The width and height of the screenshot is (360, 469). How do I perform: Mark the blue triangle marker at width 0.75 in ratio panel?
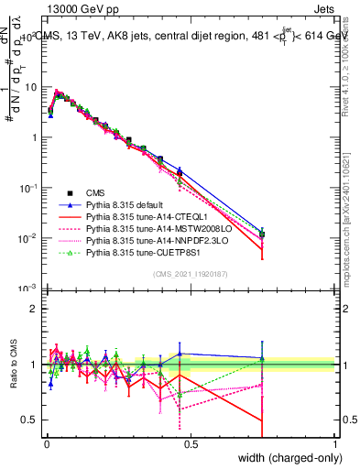(x=263, y=358)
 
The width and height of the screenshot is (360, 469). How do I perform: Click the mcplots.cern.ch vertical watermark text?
(x=351, y=211)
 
